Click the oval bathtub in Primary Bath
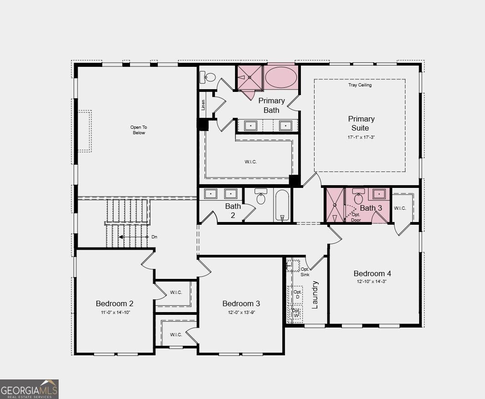pos(281,77)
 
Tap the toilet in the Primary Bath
pos(208,77)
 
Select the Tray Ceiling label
pos(360,85)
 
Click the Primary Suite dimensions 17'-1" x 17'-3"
pos(361,137)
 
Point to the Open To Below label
pos(139,130)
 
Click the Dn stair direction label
pos(155,237)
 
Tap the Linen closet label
pos(203,105)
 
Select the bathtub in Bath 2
pos(282,205)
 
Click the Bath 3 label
pos(371,208)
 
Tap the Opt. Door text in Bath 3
pos(356,217)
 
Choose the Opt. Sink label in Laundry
pos(305,272)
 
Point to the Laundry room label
pos(315,295)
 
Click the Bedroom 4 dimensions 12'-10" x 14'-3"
pos(371,281)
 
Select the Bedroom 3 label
pos(241,303)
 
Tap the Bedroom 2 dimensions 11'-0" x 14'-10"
pos(115,312)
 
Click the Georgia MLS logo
pos(29,389)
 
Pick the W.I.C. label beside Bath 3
pos(400,208)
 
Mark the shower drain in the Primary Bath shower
pos(249,77)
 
